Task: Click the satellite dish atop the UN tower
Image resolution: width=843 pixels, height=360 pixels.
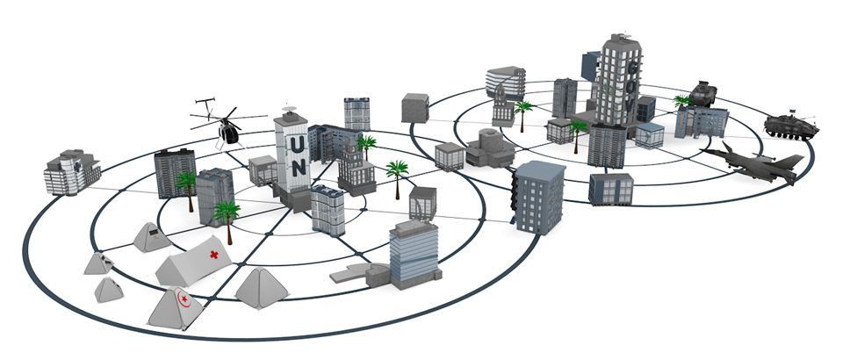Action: click(x=292, y=109)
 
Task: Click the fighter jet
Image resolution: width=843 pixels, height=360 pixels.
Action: click(x=753, y=162)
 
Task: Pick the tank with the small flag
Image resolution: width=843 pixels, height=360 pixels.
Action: click(x=790, y=126)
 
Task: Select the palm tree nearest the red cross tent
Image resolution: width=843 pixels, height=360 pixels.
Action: click(x=227, y=214)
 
